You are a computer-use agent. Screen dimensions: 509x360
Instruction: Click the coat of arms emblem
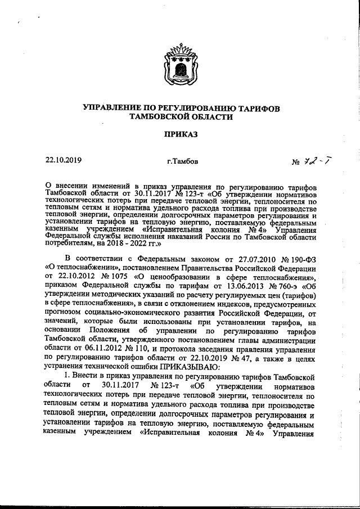[180, 63]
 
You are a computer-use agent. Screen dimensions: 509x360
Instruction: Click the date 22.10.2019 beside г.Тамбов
[64, 160]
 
